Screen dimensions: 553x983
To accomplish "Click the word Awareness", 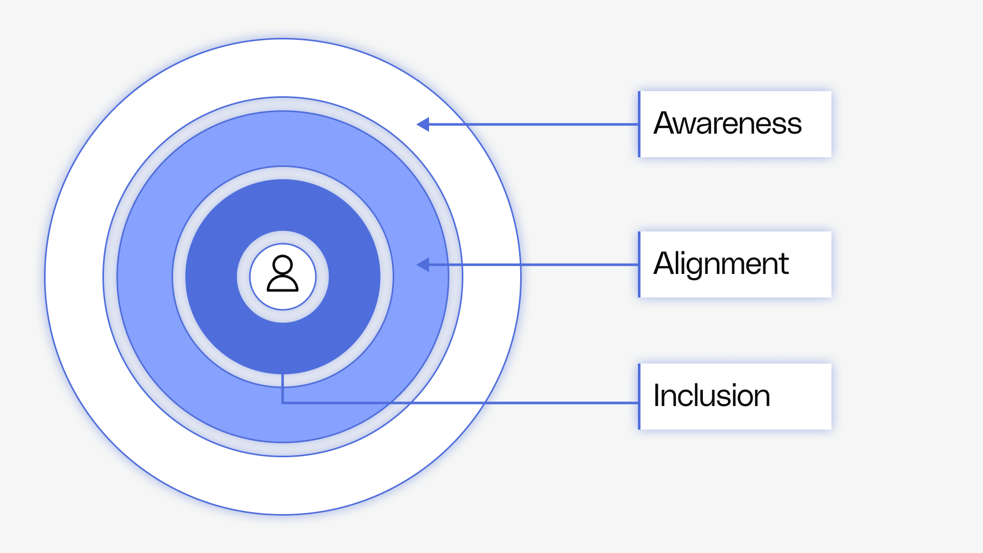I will click(727, 123).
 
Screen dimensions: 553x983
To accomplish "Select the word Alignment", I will click(721, 264).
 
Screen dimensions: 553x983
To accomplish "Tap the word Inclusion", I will click(712, 396).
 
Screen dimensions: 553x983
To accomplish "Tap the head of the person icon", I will click(283, 265).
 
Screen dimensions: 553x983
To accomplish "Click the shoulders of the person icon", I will click(283, 284).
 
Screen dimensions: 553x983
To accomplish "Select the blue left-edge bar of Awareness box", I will click(639, 124).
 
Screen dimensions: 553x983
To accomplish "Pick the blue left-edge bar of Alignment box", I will click(639, 265).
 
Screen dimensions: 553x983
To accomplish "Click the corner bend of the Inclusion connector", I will click(283, 403).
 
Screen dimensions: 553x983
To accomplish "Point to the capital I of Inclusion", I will click(657, 396).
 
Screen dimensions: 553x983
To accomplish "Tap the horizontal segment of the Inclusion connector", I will click(538, 403).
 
